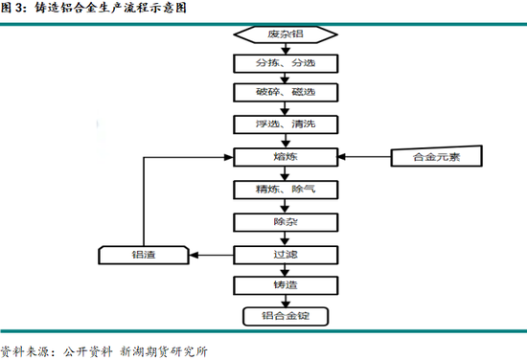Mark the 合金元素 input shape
point(435,156)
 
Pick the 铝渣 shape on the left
point(143,255)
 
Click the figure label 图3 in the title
point(12,8)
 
